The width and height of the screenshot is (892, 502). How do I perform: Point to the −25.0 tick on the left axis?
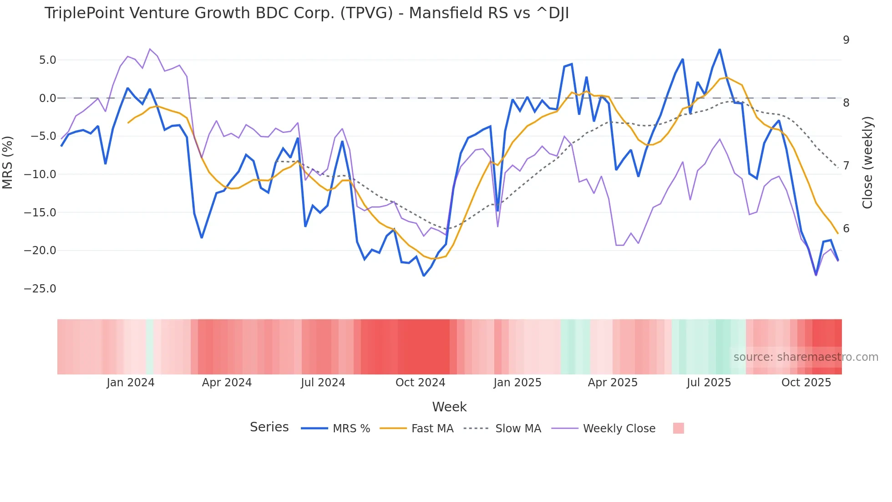pyautogui.click(x=40, y=289)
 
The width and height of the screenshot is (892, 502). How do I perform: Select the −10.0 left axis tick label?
pyautogui.click(x=40, y=174)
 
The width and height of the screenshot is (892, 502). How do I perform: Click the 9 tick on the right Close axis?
pyautogui.click(x=846, y=40)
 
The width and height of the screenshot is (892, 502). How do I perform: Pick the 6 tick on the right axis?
pyautogui.click(x=846, y=229)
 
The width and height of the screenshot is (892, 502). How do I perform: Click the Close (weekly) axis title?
pyautogui.click(x=867, y=163)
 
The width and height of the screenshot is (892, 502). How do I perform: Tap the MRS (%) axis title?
pyautogui.click(x=8, y=163)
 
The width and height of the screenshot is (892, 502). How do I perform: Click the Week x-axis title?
pyautogui.click(x=449, y=407)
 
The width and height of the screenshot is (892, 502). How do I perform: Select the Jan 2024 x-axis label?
pyautogui.click(x=131, y=383)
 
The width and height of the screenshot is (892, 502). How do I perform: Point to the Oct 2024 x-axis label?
pyautogui.click(x=420, y=383)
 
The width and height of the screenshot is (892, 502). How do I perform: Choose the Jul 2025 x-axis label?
pyautogui.click(x=709, y=383)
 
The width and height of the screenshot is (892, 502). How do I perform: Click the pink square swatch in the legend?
pyautogui.click(x=678, y=429)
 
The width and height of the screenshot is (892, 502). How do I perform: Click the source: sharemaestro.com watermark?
pyautogui.click(x=806, y=357)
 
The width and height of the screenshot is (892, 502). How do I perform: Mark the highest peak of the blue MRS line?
pyautogui.click(x=720, y=49)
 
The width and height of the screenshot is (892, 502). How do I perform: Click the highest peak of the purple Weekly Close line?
pyautogui.click(x=150, y=49)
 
